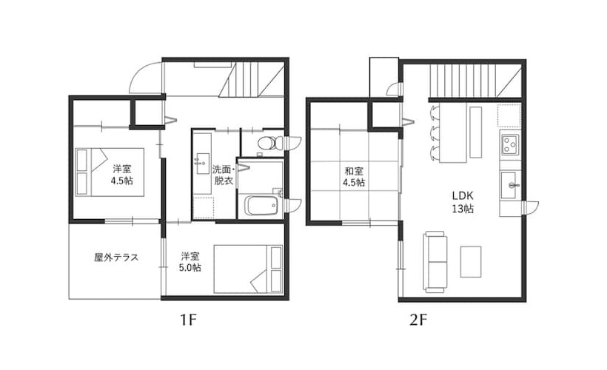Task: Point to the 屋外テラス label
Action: [x=116, y=258]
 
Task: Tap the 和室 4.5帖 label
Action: [x=354, y=177]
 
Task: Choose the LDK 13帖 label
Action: [x=463, y=202]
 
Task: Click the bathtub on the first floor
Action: [x=261, y=205]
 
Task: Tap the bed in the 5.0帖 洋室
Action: [x=248, y=269]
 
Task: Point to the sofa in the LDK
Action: [x=435, y=262]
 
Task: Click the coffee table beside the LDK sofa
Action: [x=471, y=261]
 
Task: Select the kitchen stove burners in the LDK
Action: [x=510, y=143]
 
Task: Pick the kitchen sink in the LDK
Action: [x=510, y=185]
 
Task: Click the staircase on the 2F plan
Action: [x=462, y=81]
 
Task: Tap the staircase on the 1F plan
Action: [x=252, y=80]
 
